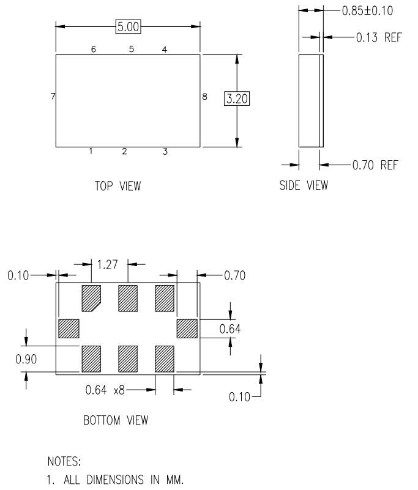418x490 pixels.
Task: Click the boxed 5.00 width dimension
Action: [129, 26]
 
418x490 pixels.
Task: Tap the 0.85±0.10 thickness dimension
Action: [366, 10]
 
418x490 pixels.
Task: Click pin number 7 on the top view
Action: [53, 97]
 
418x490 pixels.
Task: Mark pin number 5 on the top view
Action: [131, 50]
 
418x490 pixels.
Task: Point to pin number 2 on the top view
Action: [124, 152]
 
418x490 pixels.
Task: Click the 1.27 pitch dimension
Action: [108, 264]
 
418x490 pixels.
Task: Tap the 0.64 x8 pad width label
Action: [103, 389]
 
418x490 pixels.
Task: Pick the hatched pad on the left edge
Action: [69, 329]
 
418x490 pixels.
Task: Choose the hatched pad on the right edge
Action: [187, 329]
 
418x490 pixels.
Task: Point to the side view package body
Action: [310, 100]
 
